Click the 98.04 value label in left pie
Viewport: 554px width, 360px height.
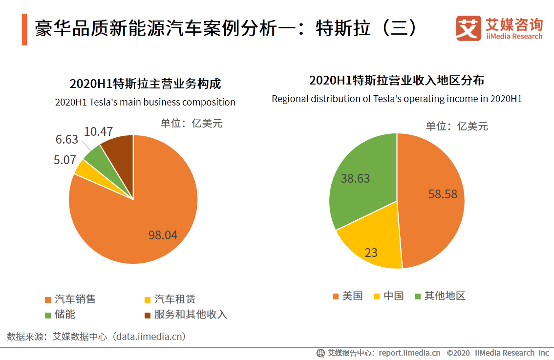[163, 235]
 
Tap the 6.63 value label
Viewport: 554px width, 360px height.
[66, 140]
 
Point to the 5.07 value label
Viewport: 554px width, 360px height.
[64, 159]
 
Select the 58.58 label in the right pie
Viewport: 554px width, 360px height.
[443, 194]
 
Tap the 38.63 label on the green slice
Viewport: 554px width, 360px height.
[355, 178]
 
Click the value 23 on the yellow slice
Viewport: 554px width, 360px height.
[371, 253]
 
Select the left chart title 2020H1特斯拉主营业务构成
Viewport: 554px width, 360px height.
[145, 84]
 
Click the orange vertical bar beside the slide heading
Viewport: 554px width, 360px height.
[24, 29]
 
